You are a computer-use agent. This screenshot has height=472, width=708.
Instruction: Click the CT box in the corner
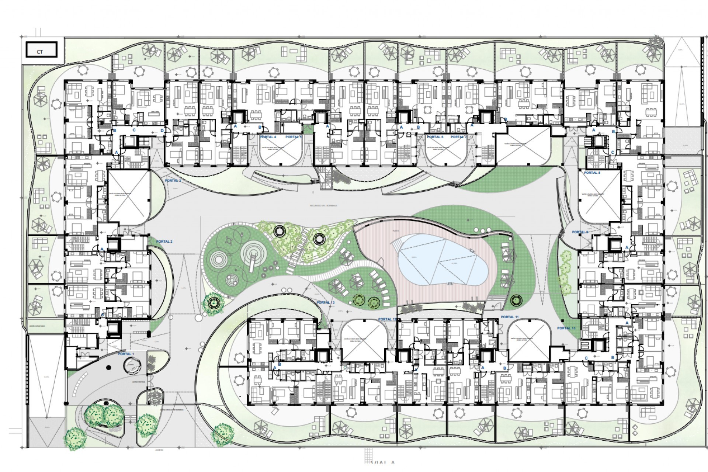tap(41, 51)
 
